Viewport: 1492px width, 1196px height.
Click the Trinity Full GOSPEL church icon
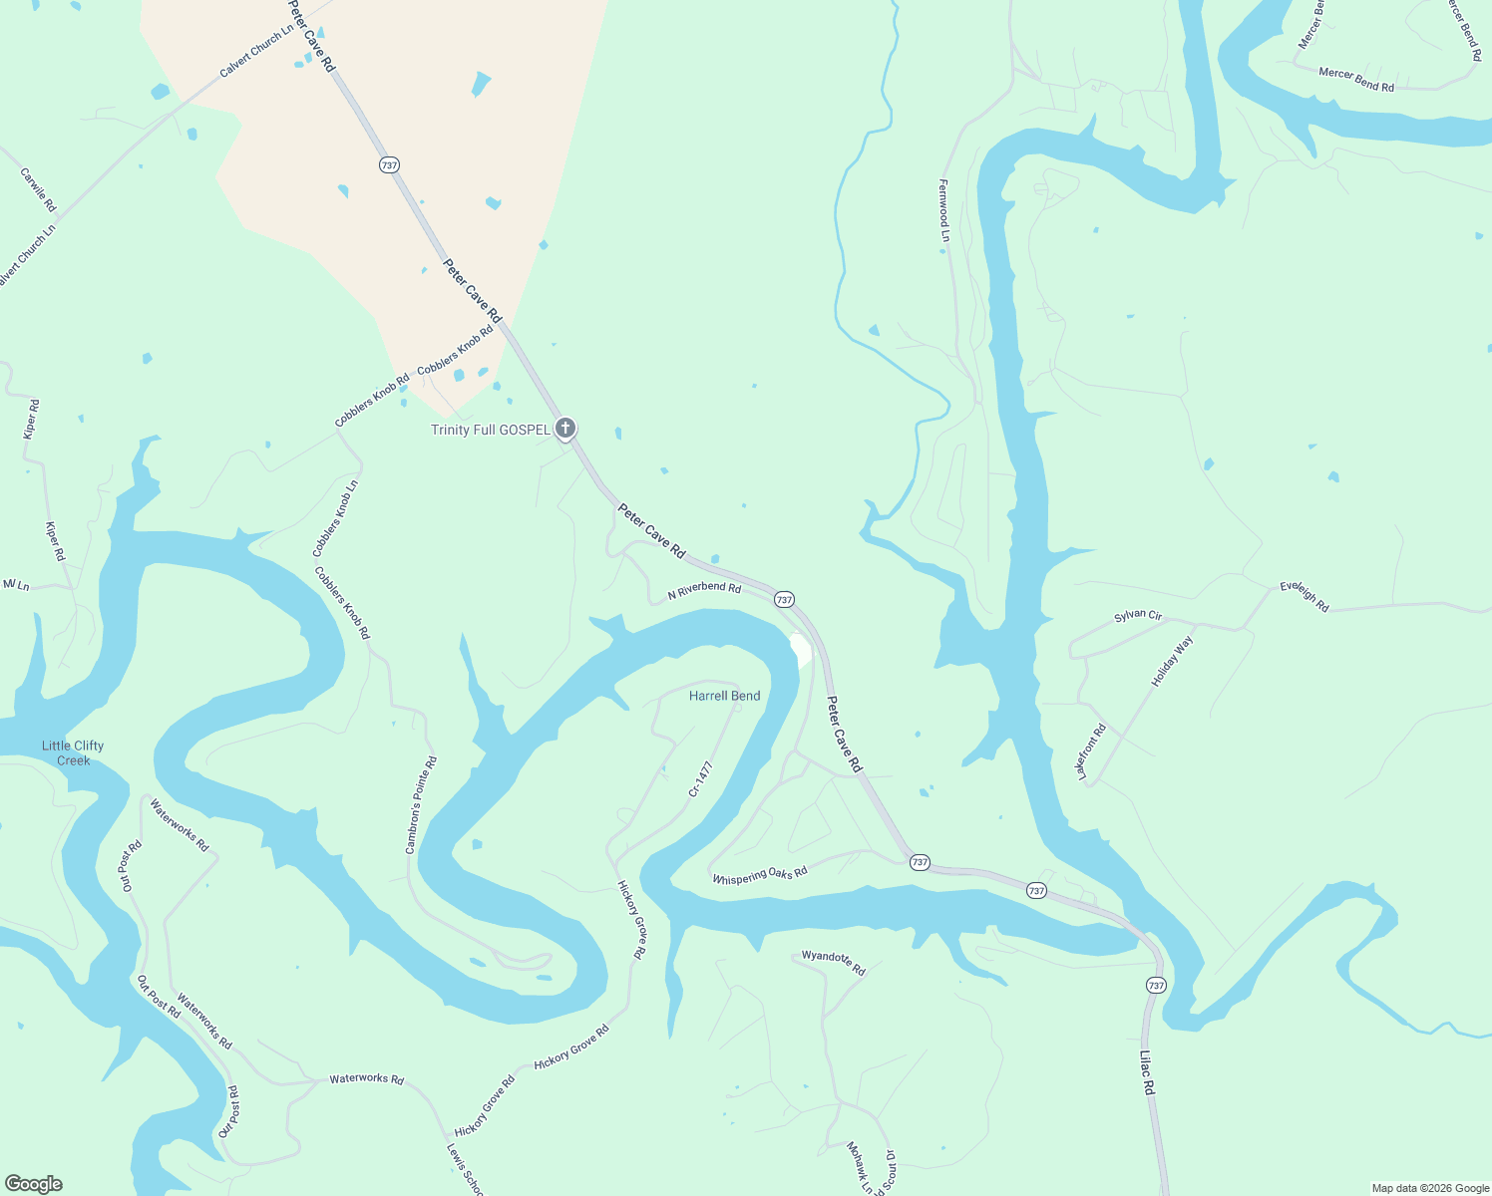point(565,430)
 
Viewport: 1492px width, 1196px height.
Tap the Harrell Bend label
point(724,696)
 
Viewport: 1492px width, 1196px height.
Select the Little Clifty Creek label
point(73,752)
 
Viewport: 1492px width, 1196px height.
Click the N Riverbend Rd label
point(704,589)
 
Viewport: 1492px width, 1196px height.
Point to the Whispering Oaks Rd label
point(759,875)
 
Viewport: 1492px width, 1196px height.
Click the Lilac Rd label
point(1147,1073)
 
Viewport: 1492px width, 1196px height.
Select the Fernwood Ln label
point(943,210)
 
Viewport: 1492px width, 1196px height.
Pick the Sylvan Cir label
point(1138,616)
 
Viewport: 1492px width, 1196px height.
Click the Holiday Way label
point(1172,662)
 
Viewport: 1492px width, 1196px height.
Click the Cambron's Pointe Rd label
point(421,805)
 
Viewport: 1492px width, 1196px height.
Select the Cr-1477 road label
point(701,779)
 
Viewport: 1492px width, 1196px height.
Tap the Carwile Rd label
point(38,189)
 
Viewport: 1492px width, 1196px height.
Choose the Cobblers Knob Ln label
point(335,518)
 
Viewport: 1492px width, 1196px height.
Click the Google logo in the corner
point(33,1184)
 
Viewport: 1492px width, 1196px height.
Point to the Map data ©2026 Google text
point(1429,1188)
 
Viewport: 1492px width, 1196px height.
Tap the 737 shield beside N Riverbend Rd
point(784,599)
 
